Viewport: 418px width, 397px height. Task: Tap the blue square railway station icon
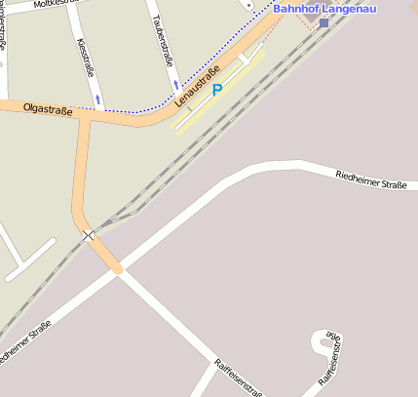(323, 22)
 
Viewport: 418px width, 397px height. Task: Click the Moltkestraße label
(53, 4)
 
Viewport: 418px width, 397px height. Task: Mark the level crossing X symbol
(89, 235)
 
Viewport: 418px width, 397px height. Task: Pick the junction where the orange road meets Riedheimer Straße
(118, 269)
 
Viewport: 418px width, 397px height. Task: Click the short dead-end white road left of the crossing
(29, 260)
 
